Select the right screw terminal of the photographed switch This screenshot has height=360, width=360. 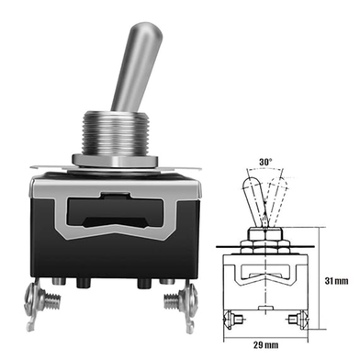pyautogui.click(x=181, y=303)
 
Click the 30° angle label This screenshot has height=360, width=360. pyautogui.click(x=265, y=162)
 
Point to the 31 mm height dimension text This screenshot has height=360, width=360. pyautogui.click(x=336, y=281)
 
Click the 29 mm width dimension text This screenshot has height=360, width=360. pyautogui.click(x=265, y=345)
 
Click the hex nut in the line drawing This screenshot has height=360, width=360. pyautogui.click(x=265, y=234)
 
